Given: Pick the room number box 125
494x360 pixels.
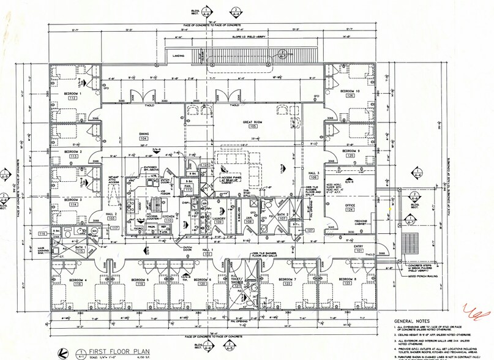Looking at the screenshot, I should click(x=351, y=156).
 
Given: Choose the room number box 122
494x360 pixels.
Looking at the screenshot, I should click(x=288, y=284).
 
